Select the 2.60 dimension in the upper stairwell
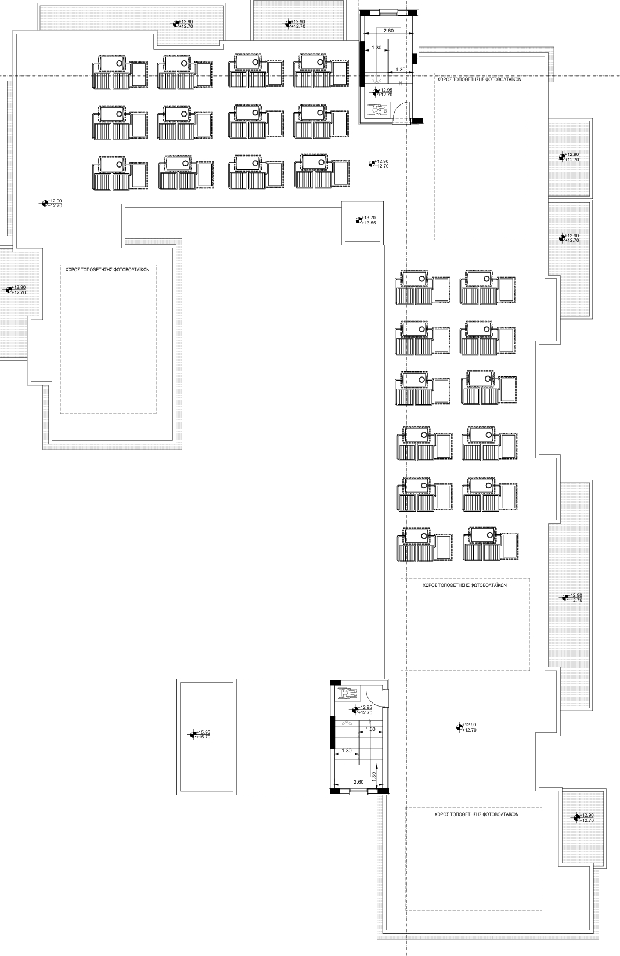(388, 31)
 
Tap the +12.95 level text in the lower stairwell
(366, 707)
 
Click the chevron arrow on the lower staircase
(346, 723)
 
